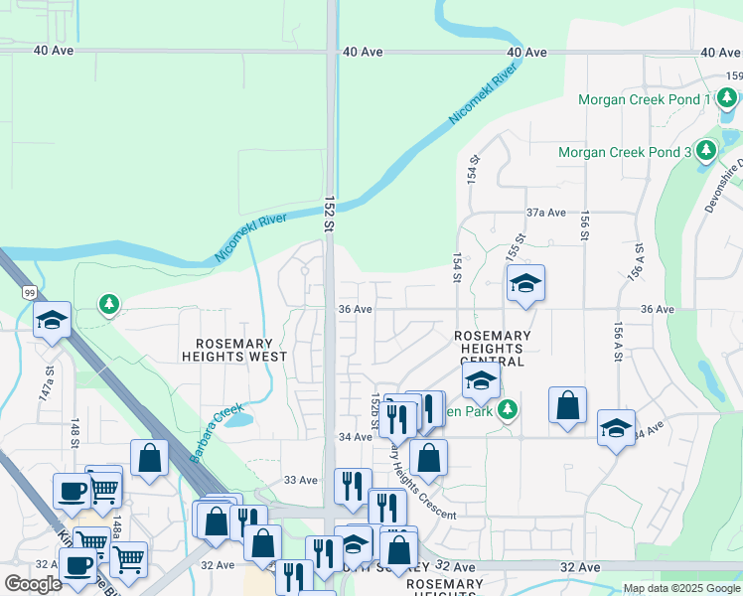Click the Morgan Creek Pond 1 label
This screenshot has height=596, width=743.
pos(645,99)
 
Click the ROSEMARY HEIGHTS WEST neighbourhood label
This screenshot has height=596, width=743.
pos(234,349)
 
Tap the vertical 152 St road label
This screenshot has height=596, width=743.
pos(328,214)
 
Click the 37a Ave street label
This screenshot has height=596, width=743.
pos(545,213)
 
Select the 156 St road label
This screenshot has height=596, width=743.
pos(585,227)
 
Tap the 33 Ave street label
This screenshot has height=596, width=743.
pos(301,480)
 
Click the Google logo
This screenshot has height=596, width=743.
pos(34,583)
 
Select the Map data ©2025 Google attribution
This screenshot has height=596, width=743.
pos(681,588)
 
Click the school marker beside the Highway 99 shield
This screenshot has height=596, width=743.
pos(52,320)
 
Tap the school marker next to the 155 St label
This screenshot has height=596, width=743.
pos(524,284)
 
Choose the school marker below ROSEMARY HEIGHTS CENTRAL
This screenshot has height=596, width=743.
pos(480,381)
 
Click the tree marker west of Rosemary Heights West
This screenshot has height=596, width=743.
pos(109,303)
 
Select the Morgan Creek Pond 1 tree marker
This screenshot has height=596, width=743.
pos(727,98)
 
